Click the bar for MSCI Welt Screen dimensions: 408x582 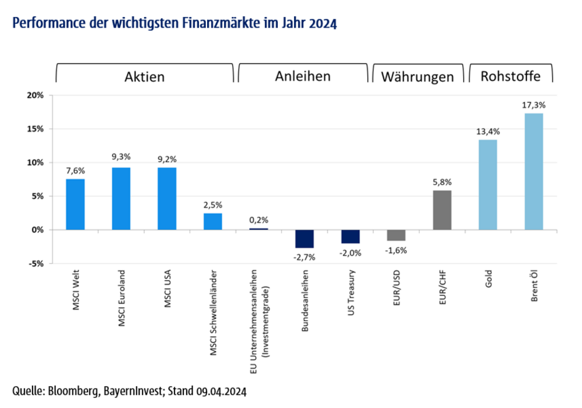coord(75,204)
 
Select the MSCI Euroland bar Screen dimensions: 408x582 coord(121,198)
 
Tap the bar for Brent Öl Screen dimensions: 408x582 coord(534,171)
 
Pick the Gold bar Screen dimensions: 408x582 coord(488,184)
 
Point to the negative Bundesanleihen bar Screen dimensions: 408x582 coord(305,239)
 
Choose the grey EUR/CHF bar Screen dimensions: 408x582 coord(442,210)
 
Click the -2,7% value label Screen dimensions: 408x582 coord(305,256)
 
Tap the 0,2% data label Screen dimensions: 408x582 coord(258,220)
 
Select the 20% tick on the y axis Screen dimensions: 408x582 coord(34,95)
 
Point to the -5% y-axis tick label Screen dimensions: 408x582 coord(35,263)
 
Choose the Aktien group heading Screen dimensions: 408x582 coord(145,76)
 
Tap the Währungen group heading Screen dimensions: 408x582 coord(417,78)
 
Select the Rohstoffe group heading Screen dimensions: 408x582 coord(511,76)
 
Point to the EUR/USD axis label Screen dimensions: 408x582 coord(397,288)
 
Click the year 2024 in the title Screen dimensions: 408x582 coord(323,24)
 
